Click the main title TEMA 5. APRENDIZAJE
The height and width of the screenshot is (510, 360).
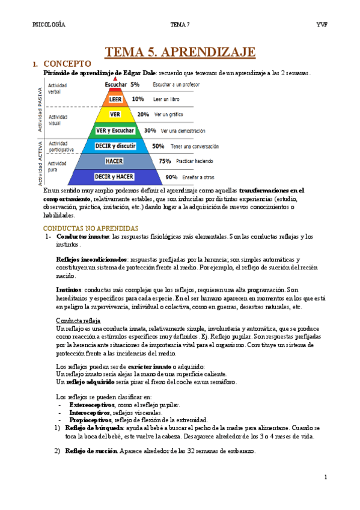tap(180, 52)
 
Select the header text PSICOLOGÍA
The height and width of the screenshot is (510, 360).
tap(49, 25)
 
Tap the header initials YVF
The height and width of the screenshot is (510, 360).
tap(322, 25)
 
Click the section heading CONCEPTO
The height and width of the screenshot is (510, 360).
tap(67, 63)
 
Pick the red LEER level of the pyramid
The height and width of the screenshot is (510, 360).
tap(115, 99)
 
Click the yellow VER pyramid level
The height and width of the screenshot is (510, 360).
tap(115, 114)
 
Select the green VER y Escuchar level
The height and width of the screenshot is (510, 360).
tap(115, 130)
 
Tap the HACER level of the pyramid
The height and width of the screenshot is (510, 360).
tap(114, 161)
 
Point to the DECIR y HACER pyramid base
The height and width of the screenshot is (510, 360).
tap(114, 176)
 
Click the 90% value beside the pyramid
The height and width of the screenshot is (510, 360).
tap(171, 177)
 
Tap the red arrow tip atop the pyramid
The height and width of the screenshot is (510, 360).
tap(115, 79)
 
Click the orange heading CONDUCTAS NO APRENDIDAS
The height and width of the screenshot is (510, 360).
tap(90, 229)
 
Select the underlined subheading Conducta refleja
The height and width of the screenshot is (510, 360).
tap(78, 320)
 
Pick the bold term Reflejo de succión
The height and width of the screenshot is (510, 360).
tap(91, 451)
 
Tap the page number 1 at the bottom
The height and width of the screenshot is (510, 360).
tap(325, 478)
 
